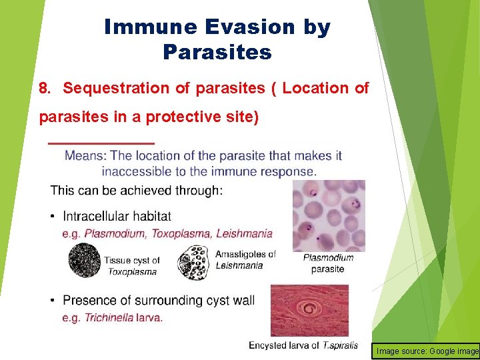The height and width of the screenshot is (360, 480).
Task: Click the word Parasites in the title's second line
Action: tap(217, 52)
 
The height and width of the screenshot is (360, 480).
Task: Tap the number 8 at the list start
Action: tap(45, 88)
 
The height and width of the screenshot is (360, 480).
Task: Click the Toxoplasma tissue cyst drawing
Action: tap(85, 260)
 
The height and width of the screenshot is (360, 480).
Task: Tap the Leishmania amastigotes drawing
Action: tap(195, 263)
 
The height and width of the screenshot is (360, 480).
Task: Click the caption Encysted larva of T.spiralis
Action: tap(303, 345)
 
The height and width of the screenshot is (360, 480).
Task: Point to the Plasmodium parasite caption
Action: tap(328, 263)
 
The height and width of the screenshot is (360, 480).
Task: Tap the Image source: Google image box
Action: tap(427, 351)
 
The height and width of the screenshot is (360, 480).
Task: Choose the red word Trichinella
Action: tap(109, 318)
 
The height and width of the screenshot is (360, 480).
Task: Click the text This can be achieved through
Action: tap(137, 191)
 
